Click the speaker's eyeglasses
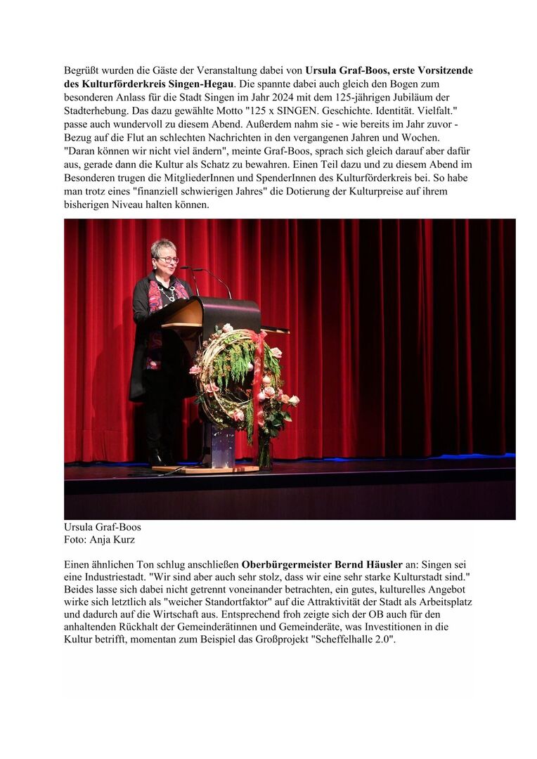pos(167,259)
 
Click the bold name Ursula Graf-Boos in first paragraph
pos(340,71)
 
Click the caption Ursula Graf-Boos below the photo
pos(102,526)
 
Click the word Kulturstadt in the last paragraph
pos(435,577)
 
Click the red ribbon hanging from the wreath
pos(261,365)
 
